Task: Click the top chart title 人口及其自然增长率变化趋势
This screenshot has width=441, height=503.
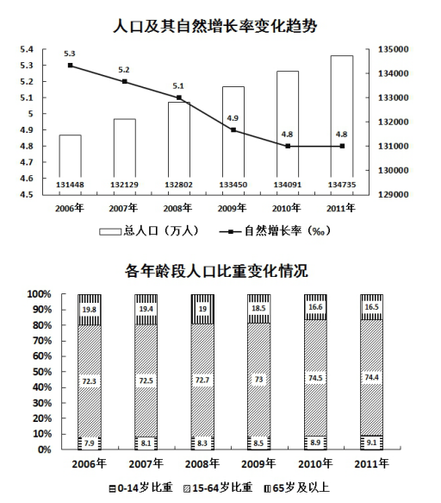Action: tap(215, 26)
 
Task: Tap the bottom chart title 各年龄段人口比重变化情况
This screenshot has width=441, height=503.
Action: tap(216, 271)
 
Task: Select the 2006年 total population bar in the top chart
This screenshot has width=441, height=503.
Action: tap(70, 165)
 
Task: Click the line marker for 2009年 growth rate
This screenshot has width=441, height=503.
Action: tap(233, 130)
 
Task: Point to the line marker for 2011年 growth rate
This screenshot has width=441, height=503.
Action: tap(342, 146)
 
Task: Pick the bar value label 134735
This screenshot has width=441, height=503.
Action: tap(342, 185)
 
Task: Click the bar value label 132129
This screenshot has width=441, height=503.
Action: tap(124, 185)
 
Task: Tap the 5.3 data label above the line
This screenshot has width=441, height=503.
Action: tap(70, 53)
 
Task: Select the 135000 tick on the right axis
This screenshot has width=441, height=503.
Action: tap(394, 49)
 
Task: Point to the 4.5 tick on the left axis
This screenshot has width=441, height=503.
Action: tap(27, 195)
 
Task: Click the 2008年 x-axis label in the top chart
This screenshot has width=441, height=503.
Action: tap(177, 208)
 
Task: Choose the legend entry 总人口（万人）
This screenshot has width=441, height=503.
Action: tap(149, 231)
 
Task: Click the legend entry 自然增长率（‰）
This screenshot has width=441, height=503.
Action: tap(275, 231)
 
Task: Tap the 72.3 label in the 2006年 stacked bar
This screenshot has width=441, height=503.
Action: tap(89, 381)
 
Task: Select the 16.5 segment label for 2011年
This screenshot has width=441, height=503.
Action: tap(371, 307)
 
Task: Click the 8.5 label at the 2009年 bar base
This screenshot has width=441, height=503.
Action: tap(258, 443)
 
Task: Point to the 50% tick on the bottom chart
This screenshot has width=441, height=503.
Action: tap(41, 372)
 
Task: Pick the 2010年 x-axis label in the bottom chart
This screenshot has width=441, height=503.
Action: tap(315, 464)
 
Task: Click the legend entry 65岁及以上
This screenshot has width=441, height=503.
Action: tap(296, 488)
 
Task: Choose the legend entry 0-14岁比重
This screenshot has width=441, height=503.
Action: tap(141, 488)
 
